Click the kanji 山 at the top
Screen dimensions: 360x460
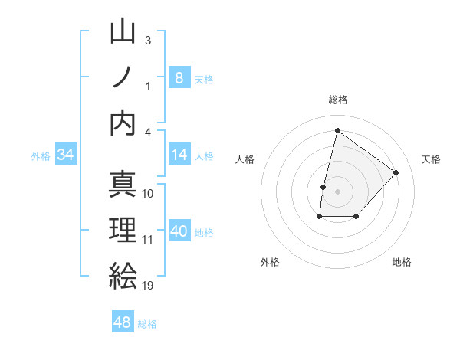point(123,32)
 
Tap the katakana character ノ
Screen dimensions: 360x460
point(123,77)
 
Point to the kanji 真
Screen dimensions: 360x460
point(123,184)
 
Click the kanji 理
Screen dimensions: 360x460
point(123,229)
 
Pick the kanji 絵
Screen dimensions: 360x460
point(123,275)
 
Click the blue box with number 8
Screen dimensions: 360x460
point(179,77)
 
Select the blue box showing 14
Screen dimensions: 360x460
point(179,155)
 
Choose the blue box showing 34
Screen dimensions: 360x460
point(66,155)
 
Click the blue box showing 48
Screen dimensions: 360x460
point(123,322)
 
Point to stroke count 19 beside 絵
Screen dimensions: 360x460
point(148,286)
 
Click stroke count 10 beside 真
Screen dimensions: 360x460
point(148,193)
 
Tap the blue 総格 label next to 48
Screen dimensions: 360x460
point(148,324)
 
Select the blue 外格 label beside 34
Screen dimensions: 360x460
point(41,156)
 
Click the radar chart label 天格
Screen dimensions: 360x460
point(432,159)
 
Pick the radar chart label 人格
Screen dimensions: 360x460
point(245,159)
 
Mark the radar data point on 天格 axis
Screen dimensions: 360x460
point(396,172)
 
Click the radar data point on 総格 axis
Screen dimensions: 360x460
point(337,130)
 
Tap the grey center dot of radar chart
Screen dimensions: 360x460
point(337,191)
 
